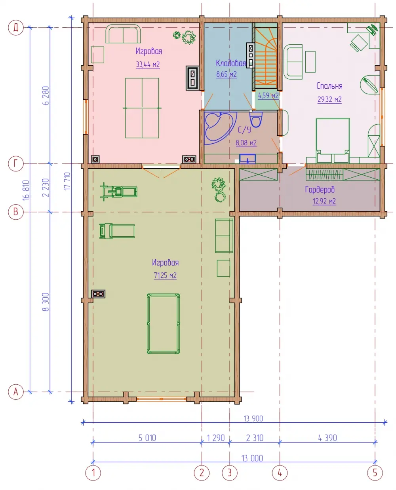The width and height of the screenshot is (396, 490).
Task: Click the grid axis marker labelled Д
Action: coord(16,27)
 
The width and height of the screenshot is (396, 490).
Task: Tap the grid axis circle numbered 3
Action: coord(229,473)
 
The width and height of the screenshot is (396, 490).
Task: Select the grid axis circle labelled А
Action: coord(16,391)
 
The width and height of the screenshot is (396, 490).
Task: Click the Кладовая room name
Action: coord(230,63)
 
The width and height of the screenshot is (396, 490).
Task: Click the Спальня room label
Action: coord(329,86)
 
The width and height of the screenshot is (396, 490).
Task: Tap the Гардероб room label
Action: coord(320,190)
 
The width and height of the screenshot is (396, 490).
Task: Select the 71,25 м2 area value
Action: coord(165,275)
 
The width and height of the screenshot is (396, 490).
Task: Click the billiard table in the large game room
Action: coord(163,323)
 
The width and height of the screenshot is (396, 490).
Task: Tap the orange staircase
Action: coord(266,57)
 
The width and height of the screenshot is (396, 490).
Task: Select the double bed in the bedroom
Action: coord(332,141)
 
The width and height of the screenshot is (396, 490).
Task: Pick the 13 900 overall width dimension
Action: coord(253,418)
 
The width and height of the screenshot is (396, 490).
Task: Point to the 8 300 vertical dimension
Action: coord(46,302)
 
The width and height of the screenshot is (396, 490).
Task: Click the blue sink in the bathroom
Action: coord(247,158)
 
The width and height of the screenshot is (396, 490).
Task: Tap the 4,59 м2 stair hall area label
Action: coord(268,95)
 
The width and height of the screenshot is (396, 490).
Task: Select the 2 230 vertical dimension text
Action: coord(46,188)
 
